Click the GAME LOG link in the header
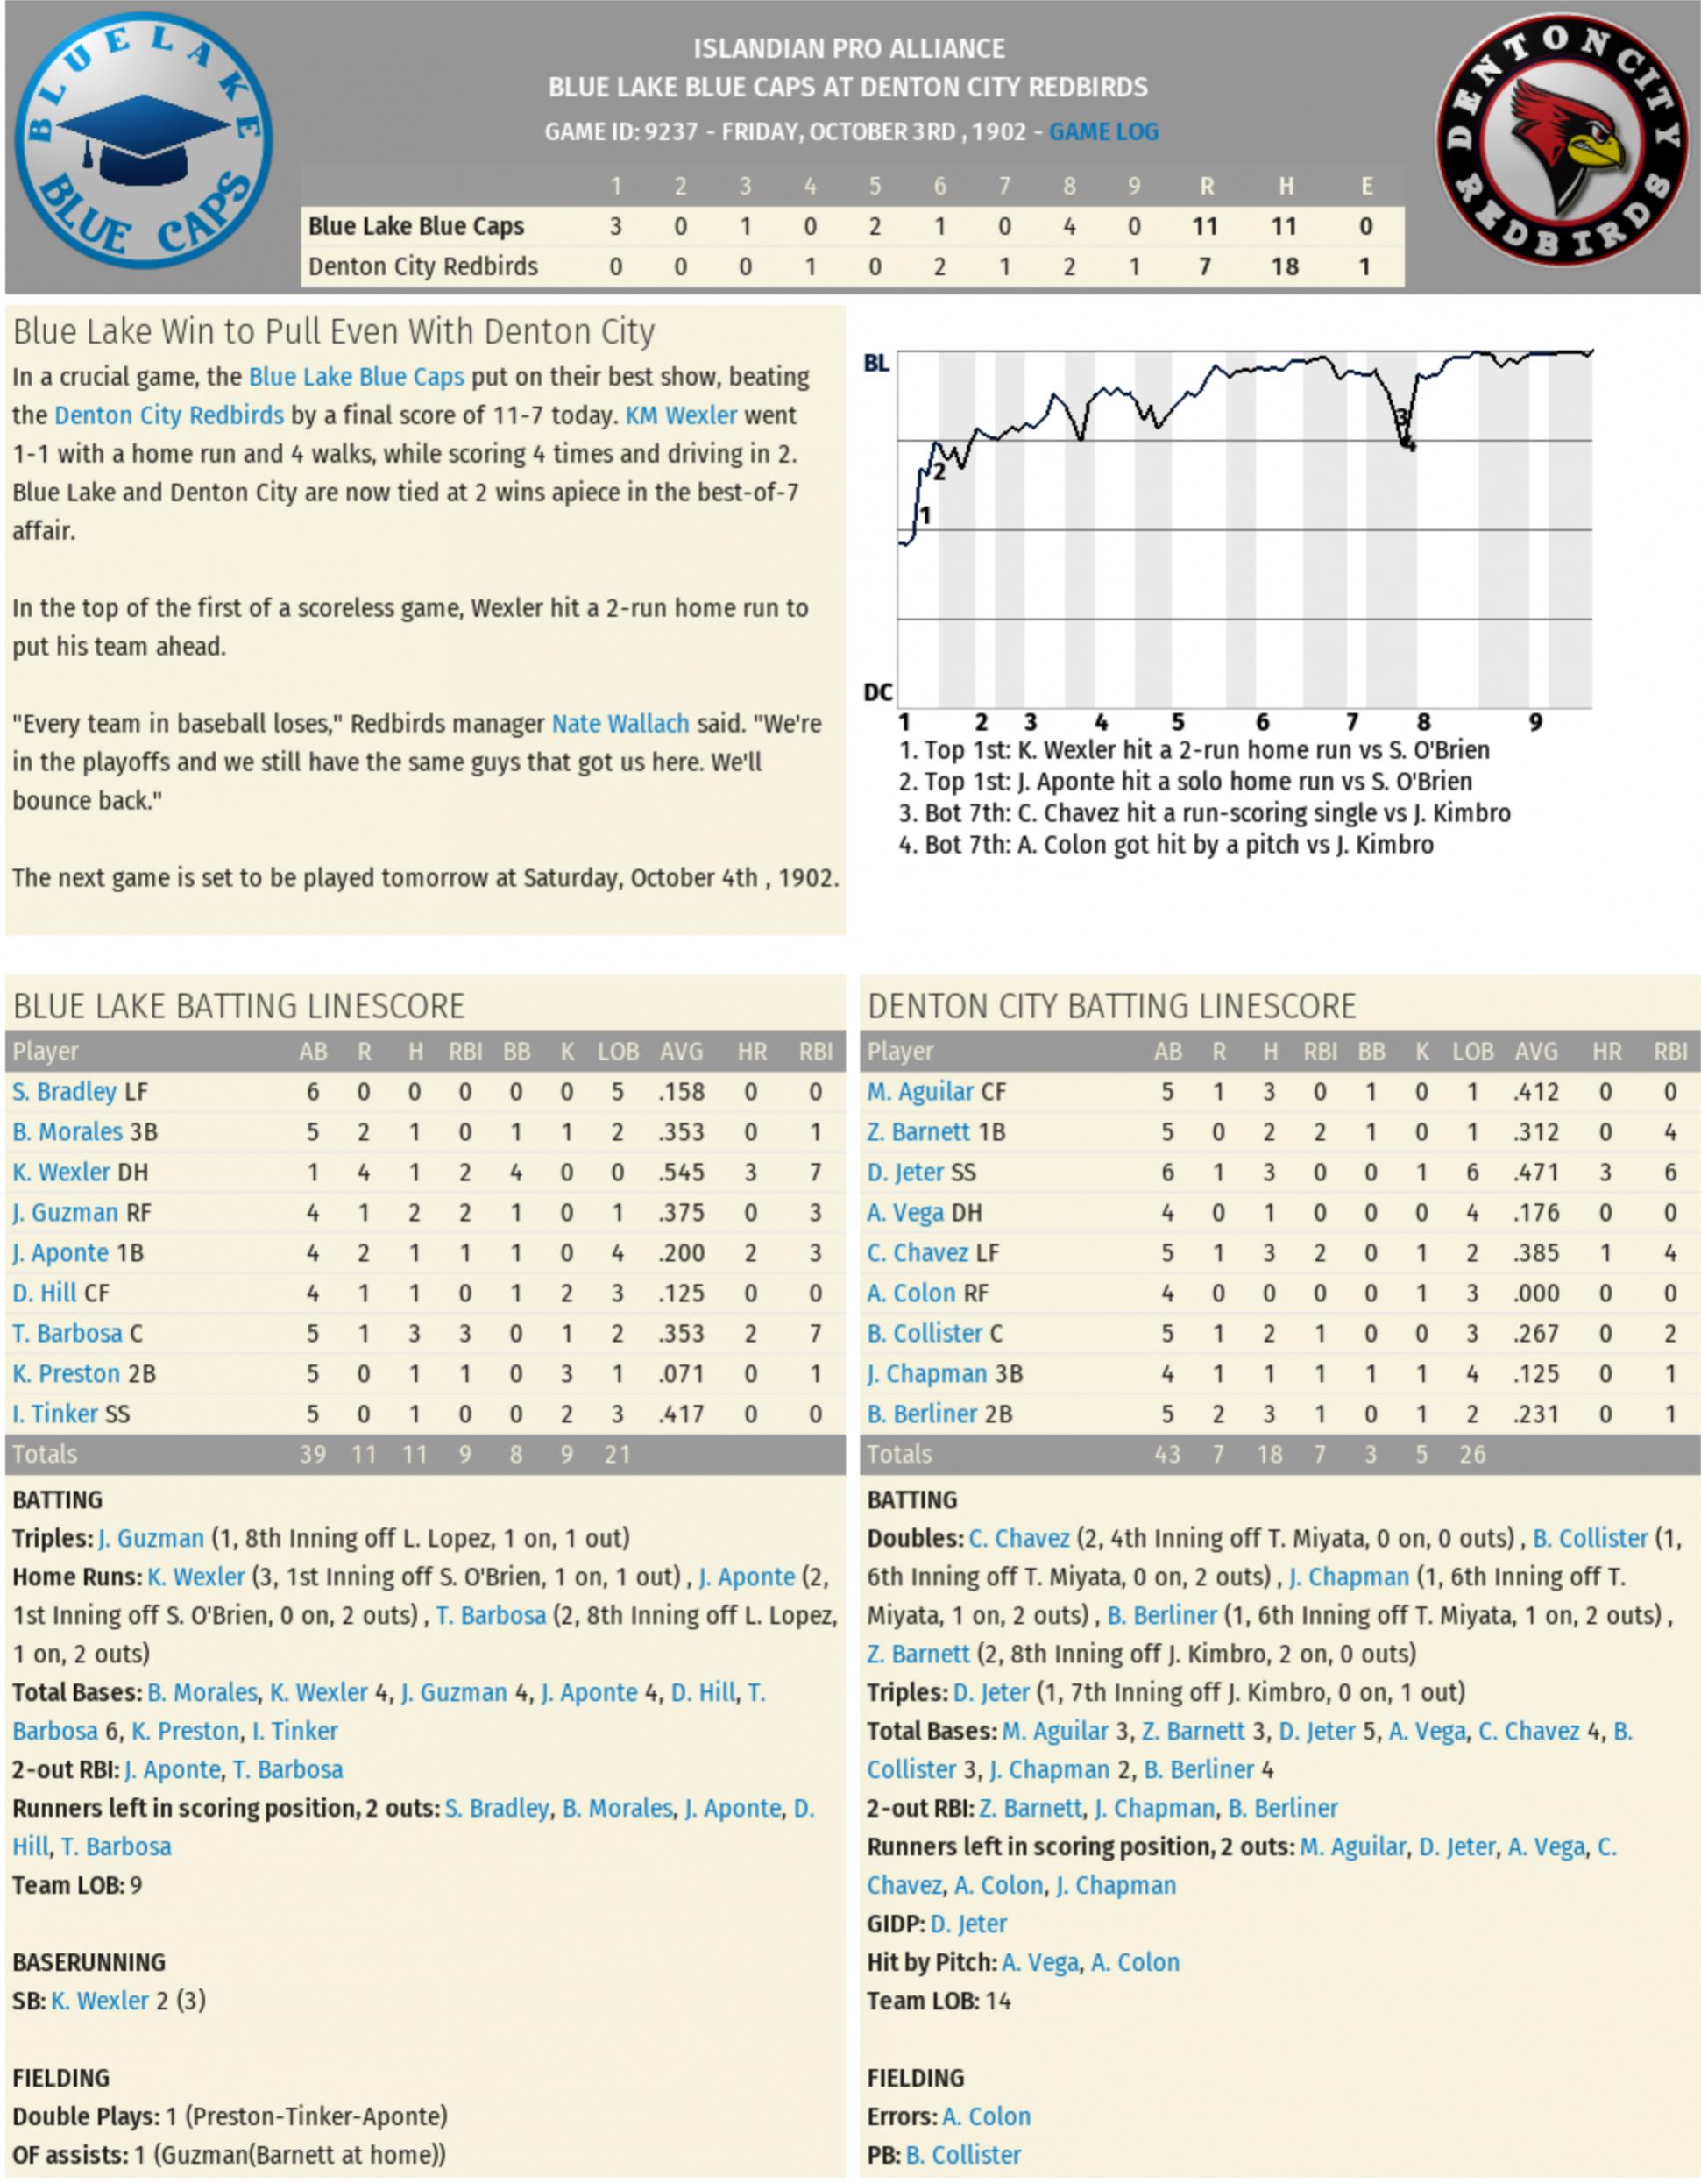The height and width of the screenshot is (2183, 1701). tap(1103, 132)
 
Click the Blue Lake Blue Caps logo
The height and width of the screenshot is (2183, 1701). tap(143, 141)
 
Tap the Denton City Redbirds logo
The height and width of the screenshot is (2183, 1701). tap(1563, 141)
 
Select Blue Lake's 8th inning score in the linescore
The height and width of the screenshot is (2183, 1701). tap(1068, 227)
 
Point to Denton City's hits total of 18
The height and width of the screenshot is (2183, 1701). tap(1284, 267)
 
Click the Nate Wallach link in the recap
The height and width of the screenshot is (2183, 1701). tap(620, 724)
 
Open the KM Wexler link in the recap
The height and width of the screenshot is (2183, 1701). tap(681, 415)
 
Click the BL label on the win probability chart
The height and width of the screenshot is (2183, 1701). tap(876, 363)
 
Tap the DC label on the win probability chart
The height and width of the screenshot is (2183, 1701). tap(877, 691)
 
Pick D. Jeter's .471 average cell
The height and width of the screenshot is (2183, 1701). tap(1535, 1173)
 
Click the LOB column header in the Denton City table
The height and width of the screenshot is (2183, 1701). tap(1472, 1052)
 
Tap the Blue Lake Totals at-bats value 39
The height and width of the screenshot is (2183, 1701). tap(313, 1455)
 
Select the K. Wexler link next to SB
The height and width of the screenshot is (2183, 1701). tap(100, 2000)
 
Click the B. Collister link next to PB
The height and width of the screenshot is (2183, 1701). tap(962, 2154)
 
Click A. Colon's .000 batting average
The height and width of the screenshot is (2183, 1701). tap(1535, 1293)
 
